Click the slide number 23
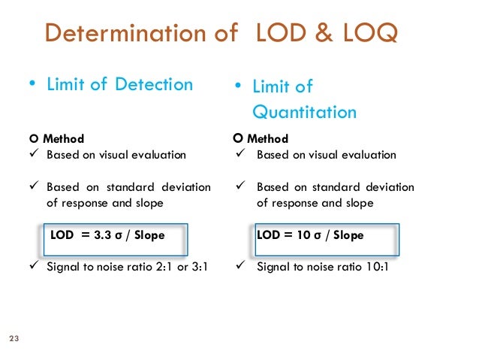click(x=13, y=337)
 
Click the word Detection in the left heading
click(x=154, y=84)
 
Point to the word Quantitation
click(x=304, y=112)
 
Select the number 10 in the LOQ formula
click(x=303, y=235)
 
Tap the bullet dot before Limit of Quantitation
click(x=236, y=86)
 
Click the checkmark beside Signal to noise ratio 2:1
click(x=32, y=266)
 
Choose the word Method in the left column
click(x=63, y=138)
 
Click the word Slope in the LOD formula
click(x=148, y=234)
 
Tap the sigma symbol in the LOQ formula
click(x=318, y=235)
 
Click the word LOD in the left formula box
click(x=62, y=234)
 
